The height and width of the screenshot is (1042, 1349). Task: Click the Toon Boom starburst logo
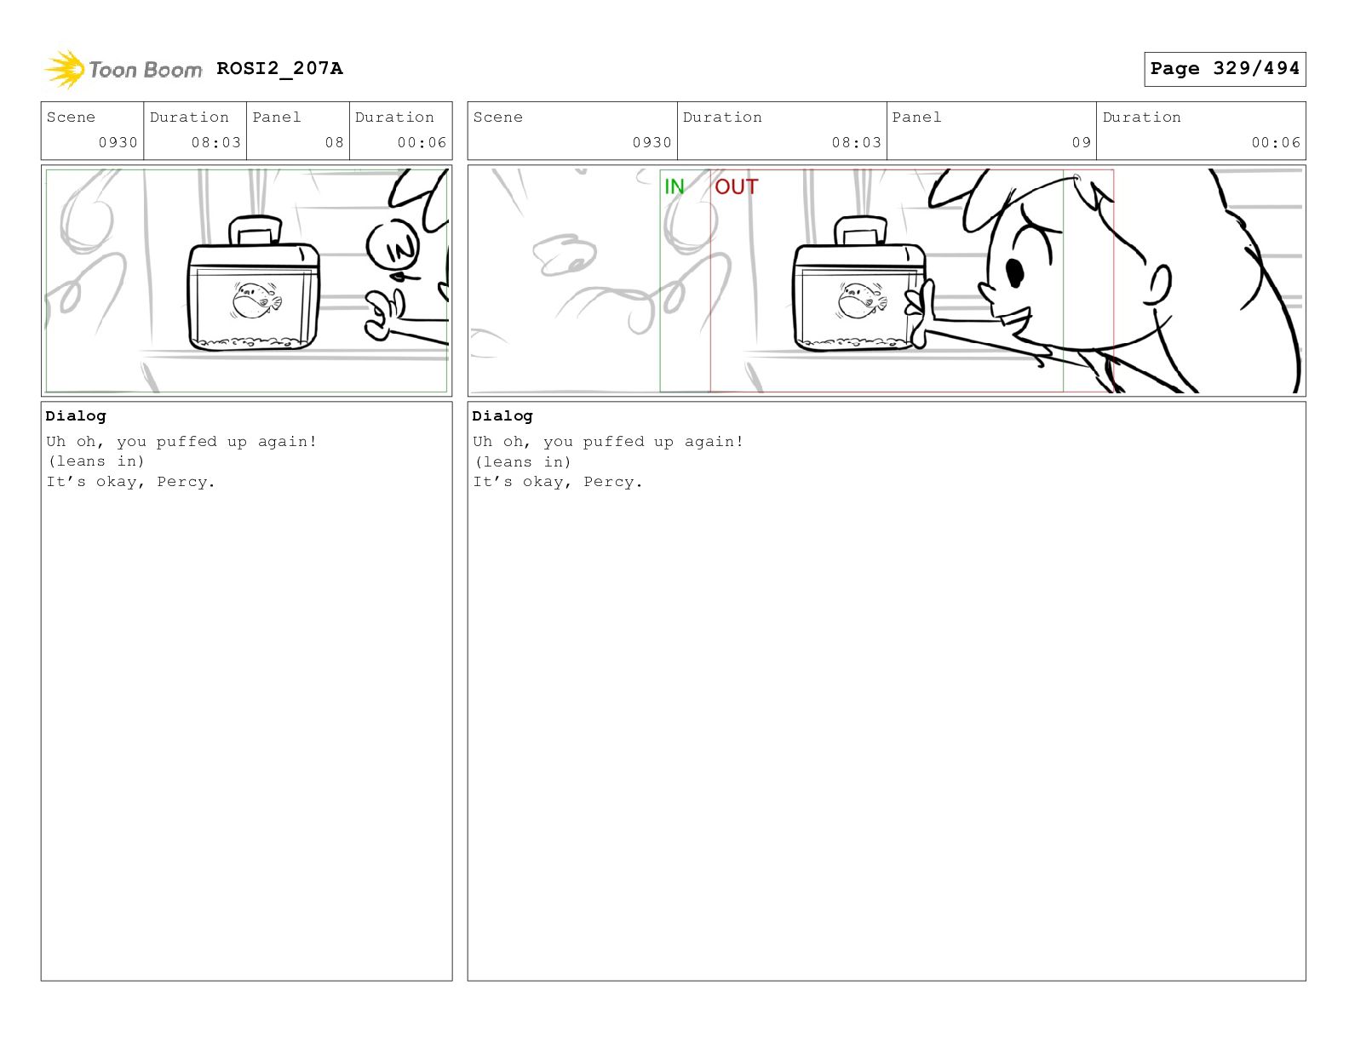click(x=65, y=69)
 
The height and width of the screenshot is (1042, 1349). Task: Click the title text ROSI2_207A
click(x=279, y=68)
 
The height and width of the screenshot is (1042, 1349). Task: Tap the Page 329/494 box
click(x=1224, y=69)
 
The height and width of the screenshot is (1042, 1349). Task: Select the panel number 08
click(x=334, y=143)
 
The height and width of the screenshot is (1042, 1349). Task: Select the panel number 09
click(x=1081, y=143)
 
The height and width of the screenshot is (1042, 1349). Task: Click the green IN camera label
click(x=674, y=186)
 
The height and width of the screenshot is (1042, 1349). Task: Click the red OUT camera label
click(x=737, y=186)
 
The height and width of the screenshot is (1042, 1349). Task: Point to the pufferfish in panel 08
click(x=256, y=300)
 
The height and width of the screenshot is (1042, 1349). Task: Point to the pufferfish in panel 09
click(x=862, y=300)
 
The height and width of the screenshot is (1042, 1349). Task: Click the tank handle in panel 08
click(x=255, y=230)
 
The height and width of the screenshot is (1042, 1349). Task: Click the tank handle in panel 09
click(x=860, y=231)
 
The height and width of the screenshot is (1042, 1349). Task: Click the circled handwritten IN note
click(x=393, y=246)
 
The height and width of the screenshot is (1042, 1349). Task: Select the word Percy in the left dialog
click(x=181, y=482)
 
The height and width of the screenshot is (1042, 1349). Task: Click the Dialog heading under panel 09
click(x=502, y=415)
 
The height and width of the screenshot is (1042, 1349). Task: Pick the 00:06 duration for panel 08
click(x=422, y=143)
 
